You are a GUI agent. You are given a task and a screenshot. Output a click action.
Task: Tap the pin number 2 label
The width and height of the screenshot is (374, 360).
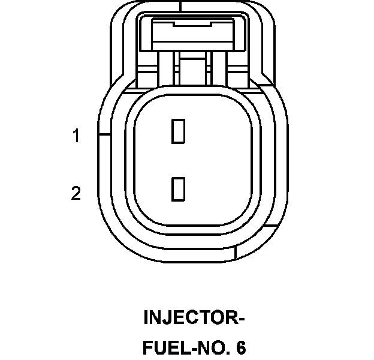[x=76, y=193]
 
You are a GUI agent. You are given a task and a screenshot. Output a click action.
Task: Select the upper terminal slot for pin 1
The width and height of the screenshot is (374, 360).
[x=178, y=131]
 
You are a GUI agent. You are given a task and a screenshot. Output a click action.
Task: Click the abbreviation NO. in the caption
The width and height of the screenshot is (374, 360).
[x=211, y=348]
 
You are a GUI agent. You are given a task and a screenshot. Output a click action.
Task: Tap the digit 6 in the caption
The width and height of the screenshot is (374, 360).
[x=241, y=348]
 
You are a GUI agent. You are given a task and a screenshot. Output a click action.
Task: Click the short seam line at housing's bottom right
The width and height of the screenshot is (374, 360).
[x=238, y=252]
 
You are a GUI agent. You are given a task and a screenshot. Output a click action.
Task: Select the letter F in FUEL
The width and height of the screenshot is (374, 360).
[x=148, y=348]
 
